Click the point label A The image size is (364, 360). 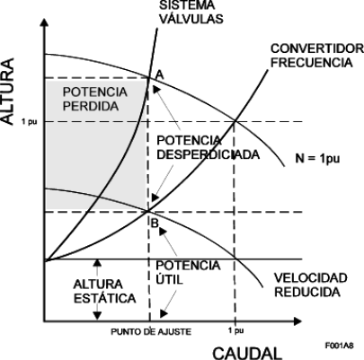click(x=160, y=75)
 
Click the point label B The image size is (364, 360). click(x=155, y=224)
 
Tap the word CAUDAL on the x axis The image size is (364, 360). click(x=247, y=354)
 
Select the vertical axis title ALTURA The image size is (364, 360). click(x=8, y=91)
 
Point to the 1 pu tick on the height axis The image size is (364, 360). click(x=29, y=122)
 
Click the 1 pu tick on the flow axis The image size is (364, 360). click(x=235, y=330)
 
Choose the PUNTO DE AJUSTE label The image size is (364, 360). click(x=151, y=331)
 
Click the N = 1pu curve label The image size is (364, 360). click(x=317, y=158)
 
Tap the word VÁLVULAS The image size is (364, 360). click(x=191, y=19)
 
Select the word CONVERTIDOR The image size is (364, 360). click(x=317, y=48)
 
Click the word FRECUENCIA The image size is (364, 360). click(x=312, y=62)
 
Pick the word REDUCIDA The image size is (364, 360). click(x=307, y=292)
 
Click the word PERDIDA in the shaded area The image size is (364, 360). click(x=91, y=106)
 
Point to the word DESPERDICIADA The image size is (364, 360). click(x=209, y=154)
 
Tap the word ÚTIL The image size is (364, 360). click(x=169, y=279)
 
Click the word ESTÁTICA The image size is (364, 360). click(x=105, y=298)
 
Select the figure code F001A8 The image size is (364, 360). click(x=340, y=346)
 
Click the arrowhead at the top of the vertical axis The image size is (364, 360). click(x=44, y=22)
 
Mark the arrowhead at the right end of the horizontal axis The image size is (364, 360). click(x=297, y=321)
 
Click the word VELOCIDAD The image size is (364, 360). click(x=311, y=277)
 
